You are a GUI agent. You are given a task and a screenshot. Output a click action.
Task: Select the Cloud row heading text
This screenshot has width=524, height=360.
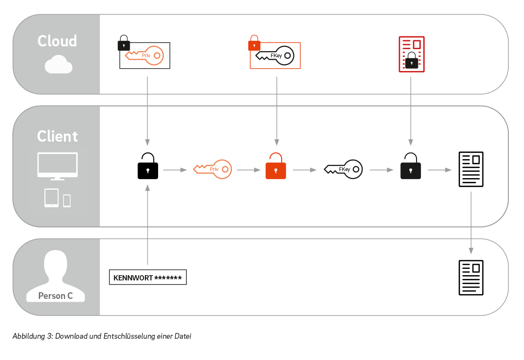click(x=57, y=41)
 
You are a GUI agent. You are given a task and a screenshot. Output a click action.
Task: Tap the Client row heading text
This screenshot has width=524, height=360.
click(x=57, y=136)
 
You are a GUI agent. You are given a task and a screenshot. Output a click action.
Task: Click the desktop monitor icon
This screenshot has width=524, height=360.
click(x=57, y=166)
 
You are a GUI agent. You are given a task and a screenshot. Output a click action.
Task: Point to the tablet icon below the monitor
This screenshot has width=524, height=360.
click(x=52, y=198)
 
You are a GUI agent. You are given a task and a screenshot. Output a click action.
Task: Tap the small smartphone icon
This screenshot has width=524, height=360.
click(x=67, y=200)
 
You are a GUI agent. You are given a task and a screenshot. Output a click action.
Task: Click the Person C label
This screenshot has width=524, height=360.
click(x=55, y=296)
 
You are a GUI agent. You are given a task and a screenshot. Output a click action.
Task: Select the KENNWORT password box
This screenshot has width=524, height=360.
click(x=148, y=278)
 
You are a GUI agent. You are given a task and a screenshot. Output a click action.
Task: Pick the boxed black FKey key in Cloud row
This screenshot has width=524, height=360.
click(x=275, y=55)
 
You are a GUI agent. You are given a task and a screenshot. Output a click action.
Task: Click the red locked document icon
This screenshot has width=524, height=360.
click(x=411, y=54)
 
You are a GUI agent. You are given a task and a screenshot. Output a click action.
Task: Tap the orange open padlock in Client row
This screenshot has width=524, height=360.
click(x=275, y=166)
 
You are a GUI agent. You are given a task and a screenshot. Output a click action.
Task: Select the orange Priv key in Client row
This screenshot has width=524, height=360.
click(x=212, y=169)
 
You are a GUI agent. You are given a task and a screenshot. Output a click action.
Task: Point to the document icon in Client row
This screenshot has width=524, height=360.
click(x=471, y=169)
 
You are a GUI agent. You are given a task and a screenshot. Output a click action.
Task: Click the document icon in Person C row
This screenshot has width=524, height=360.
click(x=471, y=278)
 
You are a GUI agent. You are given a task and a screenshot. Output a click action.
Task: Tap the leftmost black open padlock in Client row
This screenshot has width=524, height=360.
click(x=148, y=166)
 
